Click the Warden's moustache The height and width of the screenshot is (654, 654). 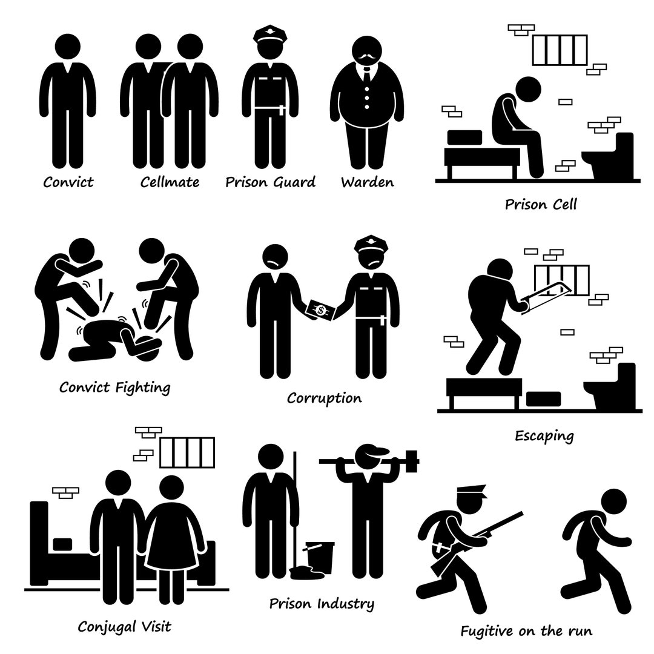pyautogui.click(x=367, y=57)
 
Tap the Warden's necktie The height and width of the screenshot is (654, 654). pyautogui.click(x=366, y=75)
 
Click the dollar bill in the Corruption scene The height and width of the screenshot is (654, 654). pyautogui.click(x=321, y=310)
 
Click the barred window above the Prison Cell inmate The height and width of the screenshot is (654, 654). pyautogui.click(x=560, y=50)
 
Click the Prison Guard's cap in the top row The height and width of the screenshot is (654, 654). pyautogui.click(x=270, y=34)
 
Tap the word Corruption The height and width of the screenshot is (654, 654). pyautogui.click(x=325, y=398)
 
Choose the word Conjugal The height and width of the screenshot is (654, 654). pyautogui.click(x=107, y=627)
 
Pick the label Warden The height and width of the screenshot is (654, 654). pyautogui.click(x=368, y=182)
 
